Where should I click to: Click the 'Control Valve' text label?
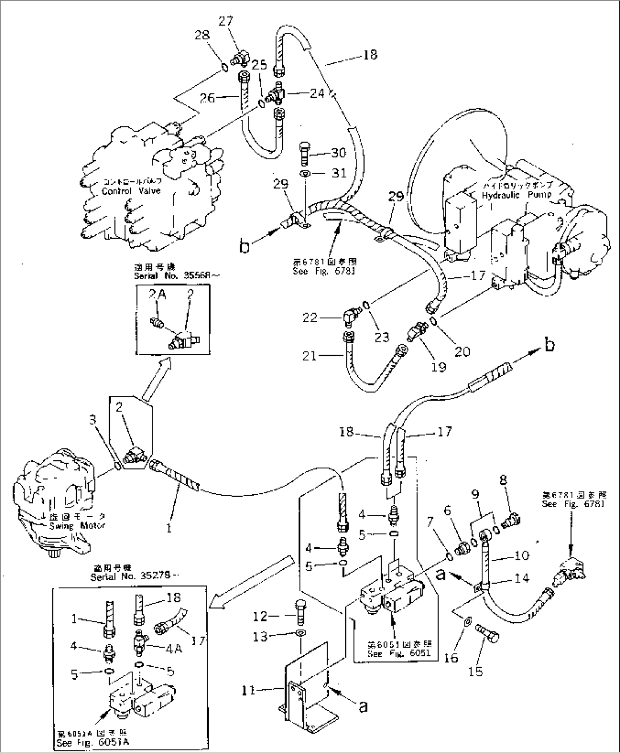(131, 192)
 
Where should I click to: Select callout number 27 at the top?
(226, 21)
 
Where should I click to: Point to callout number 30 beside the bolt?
(338, 153)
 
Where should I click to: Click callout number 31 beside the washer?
(338, 173)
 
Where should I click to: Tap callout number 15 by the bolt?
(476, 671)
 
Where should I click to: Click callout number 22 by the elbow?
(310, 318)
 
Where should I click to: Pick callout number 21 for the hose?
(309, 356)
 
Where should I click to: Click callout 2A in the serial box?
(156, 294)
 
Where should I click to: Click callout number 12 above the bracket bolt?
(259, 615)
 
